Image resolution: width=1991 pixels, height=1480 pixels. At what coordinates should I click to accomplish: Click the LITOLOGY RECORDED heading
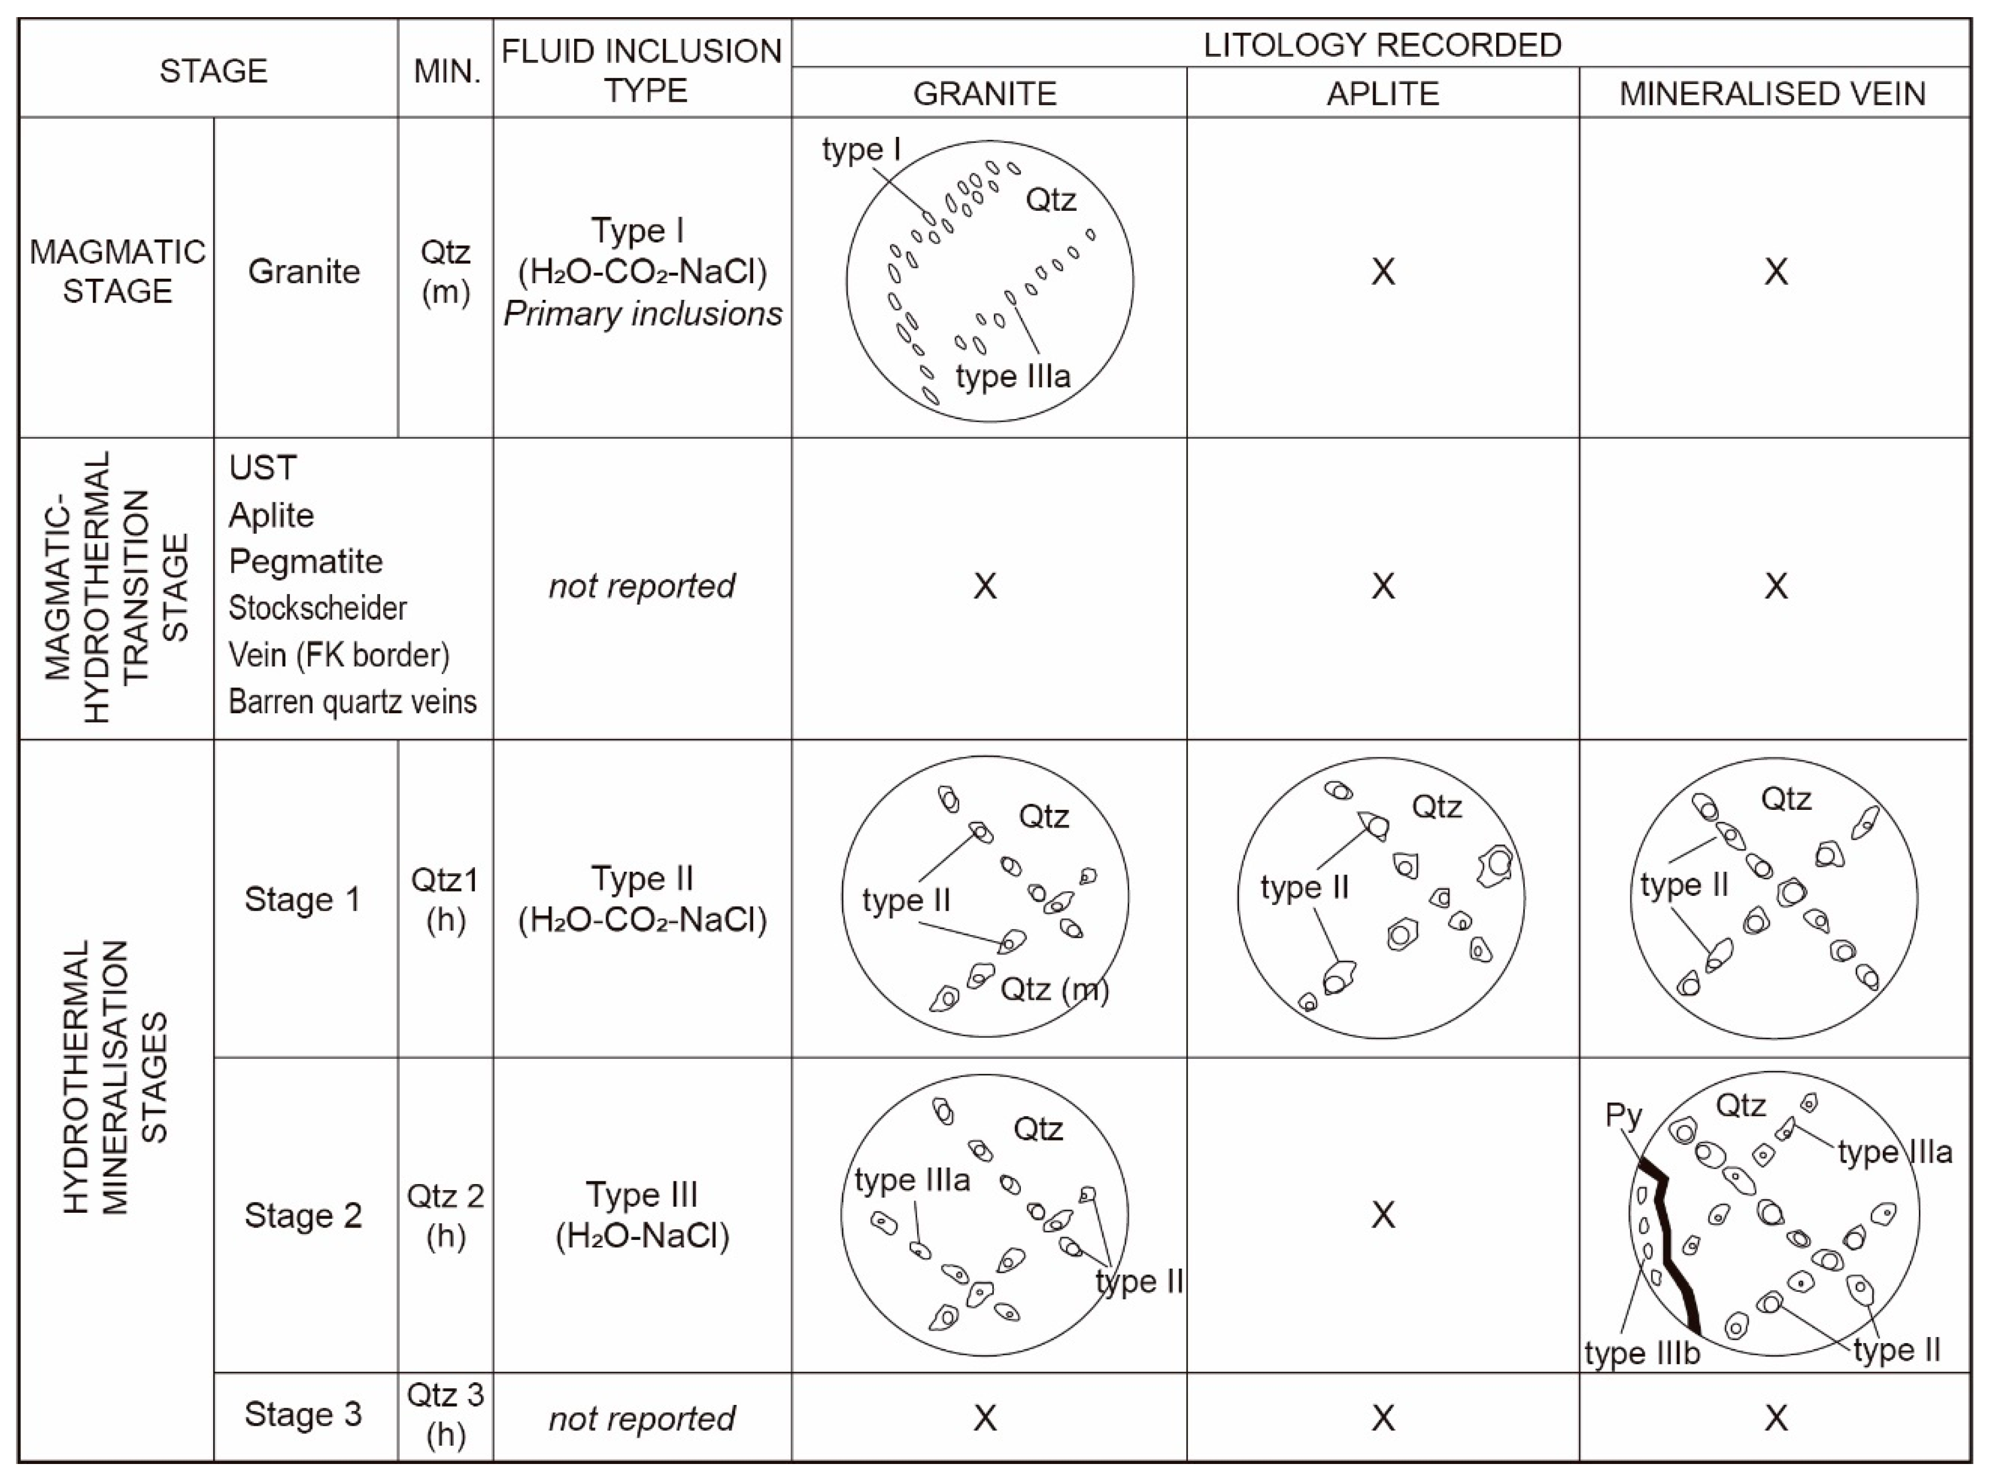1381,45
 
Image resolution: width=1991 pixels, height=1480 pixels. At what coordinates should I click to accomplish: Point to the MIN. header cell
446,71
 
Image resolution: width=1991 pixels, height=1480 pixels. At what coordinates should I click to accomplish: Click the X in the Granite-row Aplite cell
1383,272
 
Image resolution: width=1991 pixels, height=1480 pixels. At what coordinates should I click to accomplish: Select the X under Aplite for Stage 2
1383,1215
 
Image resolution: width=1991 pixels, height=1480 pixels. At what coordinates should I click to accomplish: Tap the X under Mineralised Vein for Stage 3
1775,1417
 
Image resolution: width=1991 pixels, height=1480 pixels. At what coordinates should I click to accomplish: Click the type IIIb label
1641,1353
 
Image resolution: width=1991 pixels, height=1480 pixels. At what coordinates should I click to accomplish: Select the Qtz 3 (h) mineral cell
446,1415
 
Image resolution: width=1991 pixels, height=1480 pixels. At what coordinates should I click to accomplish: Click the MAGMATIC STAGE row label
118,272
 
